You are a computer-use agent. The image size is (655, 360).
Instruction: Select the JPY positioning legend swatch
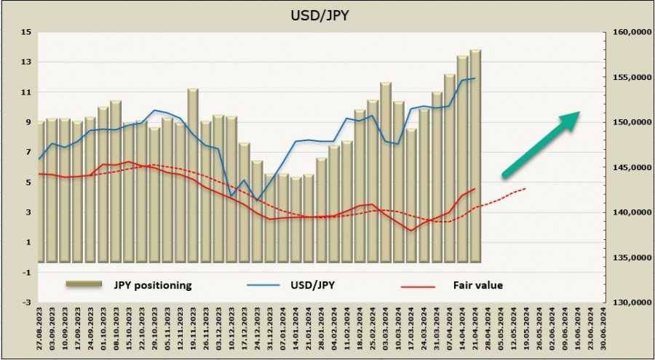tap(85, 285)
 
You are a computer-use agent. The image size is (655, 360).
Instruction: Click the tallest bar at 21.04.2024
tap(475, 156)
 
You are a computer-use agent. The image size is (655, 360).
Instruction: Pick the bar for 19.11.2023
tap(193, 175)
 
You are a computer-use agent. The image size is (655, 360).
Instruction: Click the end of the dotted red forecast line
tap(525, 188)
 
